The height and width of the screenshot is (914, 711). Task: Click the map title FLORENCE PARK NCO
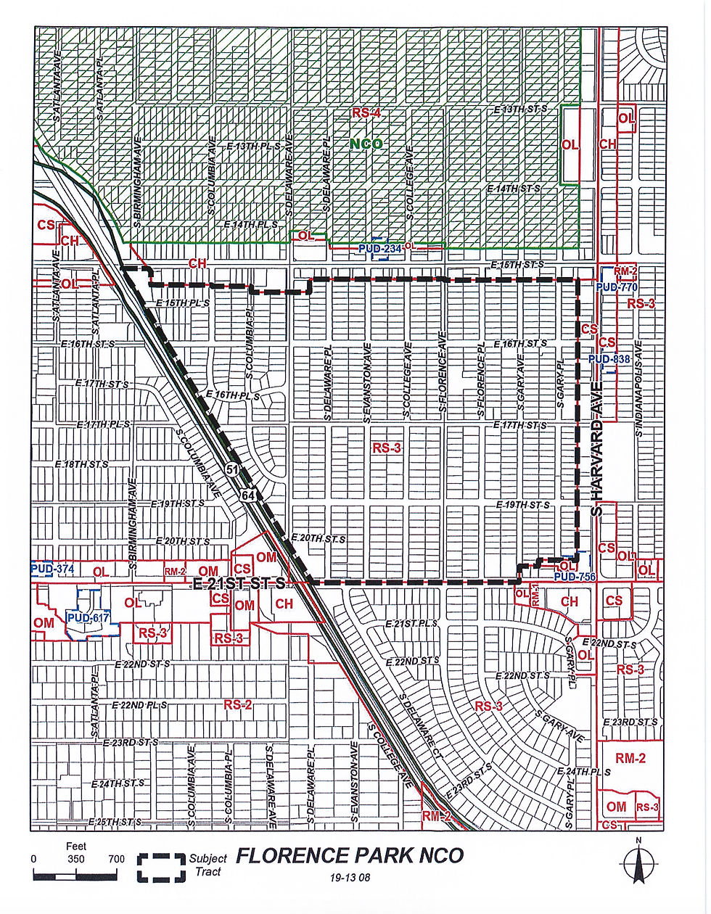coord(350,856)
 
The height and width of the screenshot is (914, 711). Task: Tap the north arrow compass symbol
coord(637,863)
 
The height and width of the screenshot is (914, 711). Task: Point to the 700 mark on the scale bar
coord(116,859)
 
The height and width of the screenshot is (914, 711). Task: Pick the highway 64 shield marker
coord(248,494)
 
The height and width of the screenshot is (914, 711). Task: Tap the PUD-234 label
coord(379,249)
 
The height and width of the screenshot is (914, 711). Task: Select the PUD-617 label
coord(87,617)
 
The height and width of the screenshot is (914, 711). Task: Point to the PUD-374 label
coord(52,569)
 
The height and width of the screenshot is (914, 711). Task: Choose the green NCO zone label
coord(366,144)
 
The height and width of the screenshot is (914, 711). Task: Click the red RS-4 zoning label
coord(366,113)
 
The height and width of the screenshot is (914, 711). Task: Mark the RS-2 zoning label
coord(237,704)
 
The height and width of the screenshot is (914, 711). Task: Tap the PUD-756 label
coord(574,577)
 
